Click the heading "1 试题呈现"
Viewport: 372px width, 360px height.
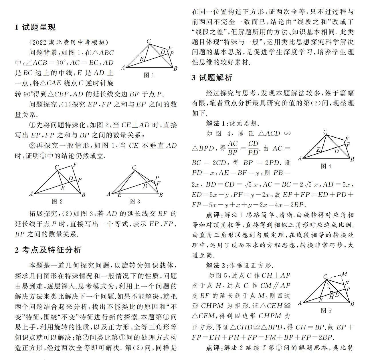click(x=35, y=27)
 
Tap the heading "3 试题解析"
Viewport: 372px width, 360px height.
click(x=212, y=78)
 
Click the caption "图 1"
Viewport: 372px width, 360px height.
click(x=149, y=75)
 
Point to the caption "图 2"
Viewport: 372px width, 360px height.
click(x=57, y=201)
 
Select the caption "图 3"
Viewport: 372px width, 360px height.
click(x=135, y=201)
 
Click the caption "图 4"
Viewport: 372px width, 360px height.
click(x=326, y=166)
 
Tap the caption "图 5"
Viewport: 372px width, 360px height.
click(x=326, y=310)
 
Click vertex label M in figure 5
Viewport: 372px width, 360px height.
click(x=345, y=274)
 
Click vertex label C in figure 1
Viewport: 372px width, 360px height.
click(x=149, y=41)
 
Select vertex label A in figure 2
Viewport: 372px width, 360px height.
click(x=31, y=194)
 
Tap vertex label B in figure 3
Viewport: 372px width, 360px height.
click(x=161, y=195)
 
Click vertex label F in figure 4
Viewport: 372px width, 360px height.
click(x=347, y=139)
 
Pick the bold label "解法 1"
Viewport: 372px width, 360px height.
click(x=216, y=123)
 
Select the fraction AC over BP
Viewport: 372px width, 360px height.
click(x=232, y=148)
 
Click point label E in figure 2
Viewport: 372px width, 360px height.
click(x=63, y=188)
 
